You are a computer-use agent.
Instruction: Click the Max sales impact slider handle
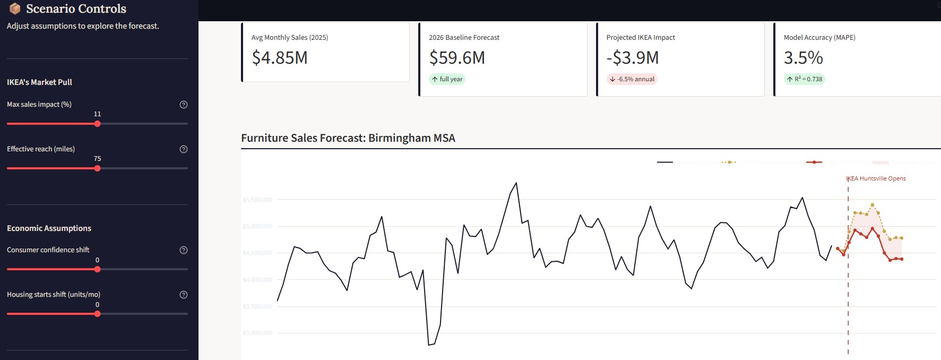tap(97, 124)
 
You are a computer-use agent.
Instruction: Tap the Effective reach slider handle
tap(97, 168)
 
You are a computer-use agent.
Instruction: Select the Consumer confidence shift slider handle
tap(97, 269)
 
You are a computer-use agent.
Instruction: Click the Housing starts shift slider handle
tap(97, 314)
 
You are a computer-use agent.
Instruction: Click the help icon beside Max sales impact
tap(184, 105)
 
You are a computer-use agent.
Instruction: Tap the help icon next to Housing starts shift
tap(184, 295)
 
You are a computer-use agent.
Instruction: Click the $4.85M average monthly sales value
tap(280, 57)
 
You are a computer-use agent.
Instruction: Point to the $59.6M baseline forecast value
tap(457, 57)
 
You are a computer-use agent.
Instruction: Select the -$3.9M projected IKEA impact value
tap(633, 57)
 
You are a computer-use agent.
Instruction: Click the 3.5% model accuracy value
tap(803, 57)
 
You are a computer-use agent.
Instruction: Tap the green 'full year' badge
tap(447, 79)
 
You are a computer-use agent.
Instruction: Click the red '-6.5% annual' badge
tap(632, 79)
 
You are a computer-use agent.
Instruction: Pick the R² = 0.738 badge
tap(805, 79)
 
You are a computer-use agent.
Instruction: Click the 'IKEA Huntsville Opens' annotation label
tap(877, 178)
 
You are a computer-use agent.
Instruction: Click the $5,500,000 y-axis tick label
tap(257, 200)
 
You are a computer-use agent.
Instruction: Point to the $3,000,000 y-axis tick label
tap(257, 333)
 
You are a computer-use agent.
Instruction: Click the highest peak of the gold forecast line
tap(873, 204)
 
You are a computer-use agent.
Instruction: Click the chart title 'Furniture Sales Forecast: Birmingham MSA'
tap(348, 138)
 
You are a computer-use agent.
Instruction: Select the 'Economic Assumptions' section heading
tap(49, 228)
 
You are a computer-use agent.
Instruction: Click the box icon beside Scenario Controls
tap(15, 8)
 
